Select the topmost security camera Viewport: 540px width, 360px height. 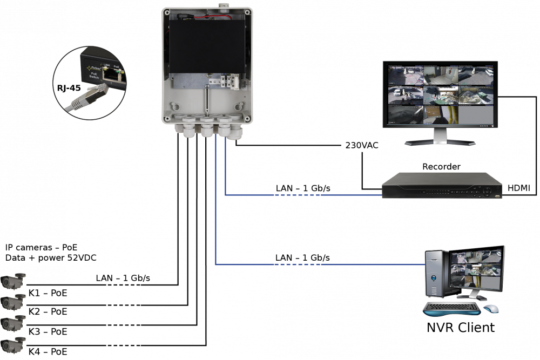13,281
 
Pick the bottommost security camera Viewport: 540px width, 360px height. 13,344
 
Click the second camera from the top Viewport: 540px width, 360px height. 13,301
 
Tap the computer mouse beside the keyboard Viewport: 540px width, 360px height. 490,309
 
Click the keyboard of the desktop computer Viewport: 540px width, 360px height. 451,309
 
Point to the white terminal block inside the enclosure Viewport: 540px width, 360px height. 232,81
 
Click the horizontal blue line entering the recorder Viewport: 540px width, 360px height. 302,195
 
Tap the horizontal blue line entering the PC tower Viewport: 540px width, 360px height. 319,264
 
